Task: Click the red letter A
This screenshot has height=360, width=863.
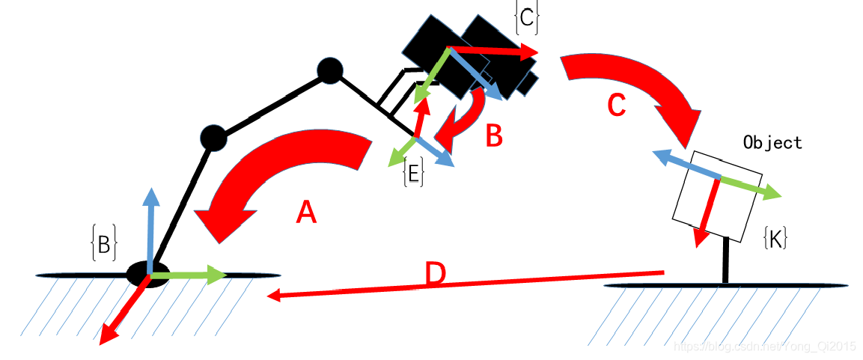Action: pos(306,214)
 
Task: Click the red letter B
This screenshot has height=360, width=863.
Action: pos(493,136)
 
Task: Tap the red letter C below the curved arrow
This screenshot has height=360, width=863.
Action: pos(616,106)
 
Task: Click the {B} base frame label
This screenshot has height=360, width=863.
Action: pos(103,245)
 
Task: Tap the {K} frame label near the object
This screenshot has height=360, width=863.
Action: pos(775,239)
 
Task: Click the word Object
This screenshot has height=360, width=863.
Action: pos(772,142)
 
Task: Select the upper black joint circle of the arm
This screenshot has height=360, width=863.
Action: pos(329,71)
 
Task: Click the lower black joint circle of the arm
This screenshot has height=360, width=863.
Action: pos(213,138)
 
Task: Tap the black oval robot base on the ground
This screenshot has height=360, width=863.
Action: pos(147,275)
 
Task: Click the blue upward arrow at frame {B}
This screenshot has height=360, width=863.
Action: pos(152,225)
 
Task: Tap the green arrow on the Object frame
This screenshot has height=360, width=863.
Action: pos(752,187)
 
